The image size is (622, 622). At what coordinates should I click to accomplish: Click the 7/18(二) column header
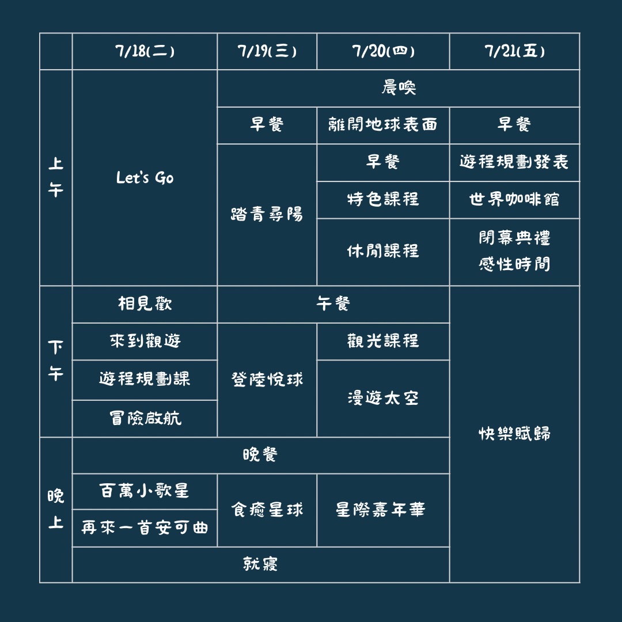[x=145, y=51]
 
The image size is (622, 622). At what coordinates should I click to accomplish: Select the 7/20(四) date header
[x=383, y=51]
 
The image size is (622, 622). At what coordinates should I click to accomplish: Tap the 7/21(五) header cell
[x=514, y=51]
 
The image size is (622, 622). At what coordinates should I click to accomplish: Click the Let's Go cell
[x=145, y=178]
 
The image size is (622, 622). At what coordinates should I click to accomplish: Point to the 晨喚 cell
[x=398, y=88]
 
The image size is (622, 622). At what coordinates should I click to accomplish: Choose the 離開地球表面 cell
[x=383, y=125]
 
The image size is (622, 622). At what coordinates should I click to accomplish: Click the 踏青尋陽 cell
[x=267, y=214]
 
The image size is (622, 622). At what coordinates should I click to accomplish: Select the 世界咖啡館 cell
[x=514, y=199]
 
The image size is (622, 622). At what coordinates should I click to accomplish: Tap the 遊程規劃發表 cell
[x=514, y=162]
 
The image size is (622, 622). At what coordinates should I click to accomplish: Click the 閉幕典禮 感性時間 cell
[x=514, y=252]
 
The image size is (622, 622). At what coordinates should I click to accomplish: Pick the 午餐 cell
[x=333, y=304]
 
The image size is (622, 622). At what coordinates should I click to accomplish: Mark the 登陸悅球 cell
[x=267, y=380]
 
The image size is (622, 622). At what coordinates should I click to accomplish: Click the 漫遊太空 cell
[x=383, y=398]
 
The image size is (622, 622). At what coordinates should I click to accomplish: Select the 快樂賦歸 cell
[x=514, y=434]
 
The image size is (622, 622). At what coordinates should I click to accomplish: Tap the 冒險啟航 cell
[x=145, y=418]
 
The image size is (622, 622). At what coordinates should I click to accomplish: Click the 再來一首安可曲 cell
[x=145, y=528]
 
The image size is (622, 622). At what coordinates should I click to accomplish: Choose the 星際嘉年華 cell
[x=383, y=510]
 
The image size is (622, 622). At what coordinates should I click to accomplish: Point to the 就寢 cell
[x=260, y=564]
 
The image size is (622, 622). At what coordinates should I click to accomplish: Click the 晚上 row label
[x=56, y=510]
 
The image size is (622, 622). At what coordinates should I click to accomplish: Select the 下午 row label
[x=56, y=361]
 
